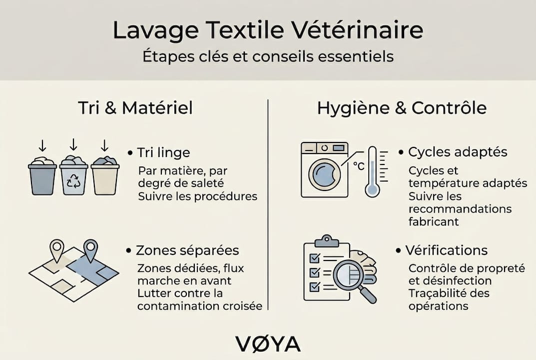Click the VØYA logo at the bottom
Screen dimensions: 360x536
pyautogui.click(x=268, y=344)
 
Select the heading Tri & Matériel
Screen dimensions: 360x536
pyautogui.click(x=135, y=108)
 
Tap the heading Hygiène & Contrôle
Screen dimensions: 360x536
pyautogui.click(x=402, y=108)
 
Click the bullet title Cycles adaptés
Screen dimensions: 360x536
pyautogui.click(x=458, y=152)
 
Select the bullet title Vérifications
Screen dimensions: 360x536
pyautogui.click(x=446, y=250)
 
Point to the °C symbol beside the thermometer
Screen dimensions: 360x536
pyautogui.click(x=358, y=166)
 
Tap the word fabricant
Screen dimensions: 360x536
pyautogui.click(x=434, y=220)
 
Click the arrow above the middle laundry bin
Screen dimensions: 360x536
pyautogui.click(x=73, y=145)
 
